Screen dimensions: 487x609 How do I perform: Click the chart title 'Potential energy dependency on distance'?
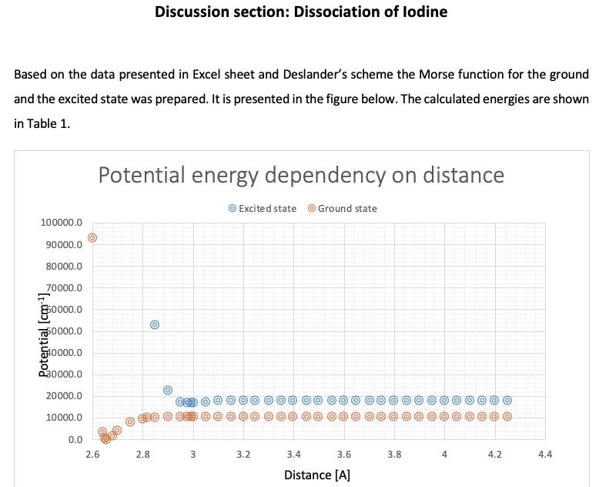coord(301,175)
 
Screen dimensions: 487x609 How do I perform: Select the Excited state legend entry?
coord(262,209)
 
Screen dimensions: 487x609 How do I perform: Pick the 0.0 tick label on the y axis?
coord(75,439)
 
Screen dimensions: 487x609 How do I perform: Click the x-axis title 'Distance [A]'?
coord(317,475)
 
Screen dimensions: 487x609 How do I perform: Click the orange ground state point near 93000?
coord(92,238)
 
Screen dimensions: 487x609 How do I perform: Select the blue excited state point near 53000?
coord(155,324)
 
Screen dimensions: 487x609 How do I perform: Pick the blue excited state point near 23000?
coord(168,390)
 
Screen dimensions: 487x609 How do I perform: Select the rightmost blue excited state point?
coord(507,400)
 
